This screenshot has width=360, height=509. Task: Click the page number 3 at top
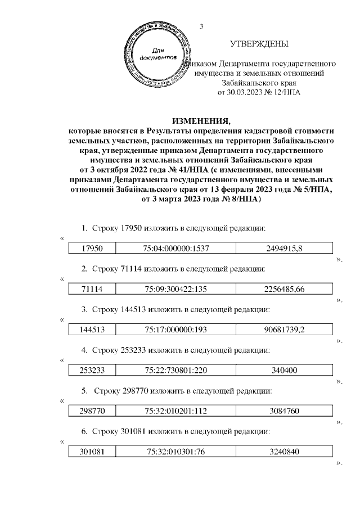200,26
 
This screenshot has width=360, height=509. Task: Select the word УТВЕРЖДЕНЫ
259,44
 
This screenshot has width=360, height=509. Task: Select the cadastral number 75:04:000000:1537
177,248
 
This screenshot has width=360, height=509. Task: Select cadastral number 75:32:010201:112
177,411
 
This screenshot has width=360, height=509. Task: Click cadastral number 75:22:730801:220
177,370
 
